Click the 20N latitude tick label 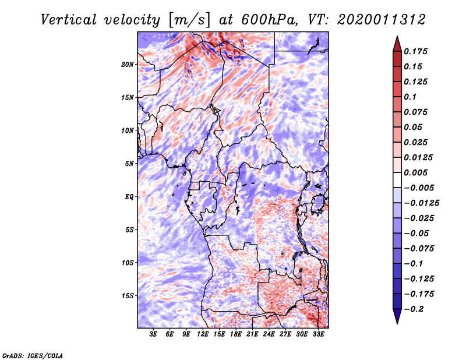point(128,65)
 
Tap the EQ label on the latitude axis point(129,197)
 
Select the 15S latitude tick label point(128,296)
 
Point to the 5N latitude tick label point(129,164)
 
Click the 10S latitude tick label point(128,263)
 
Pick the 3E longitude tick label point(153,334)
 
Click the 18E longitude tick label point(236,334)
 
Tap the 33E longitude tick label point(318,334)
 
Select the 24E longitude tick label point(269,334)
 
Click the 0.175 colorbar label point(415,51)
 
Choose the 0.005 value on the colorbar point(415,172)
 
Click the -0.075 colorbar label point(419,249)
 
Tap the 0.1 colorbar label point(410,97)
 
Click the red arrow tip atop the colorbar point(397,37)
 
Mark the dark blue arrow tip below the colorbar point(397,323)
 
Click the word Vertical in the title point(69,20)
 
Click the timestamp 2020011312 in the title point(382,20)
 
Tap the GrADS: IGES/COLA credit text point(33,355)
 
